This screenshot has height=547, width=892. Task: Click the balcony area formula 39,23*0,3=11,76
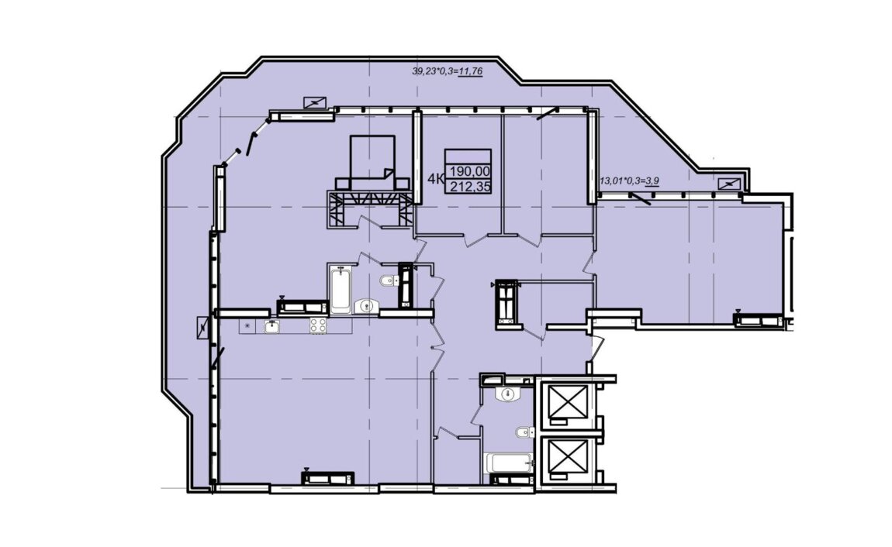click(447, 71)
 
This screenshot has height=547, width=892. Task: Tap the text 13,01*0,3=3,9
click(630, 181)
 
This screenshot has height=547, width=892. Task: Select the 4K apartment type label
click(436, 180)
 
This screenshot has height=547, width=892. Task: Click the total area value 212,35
click(470, 186)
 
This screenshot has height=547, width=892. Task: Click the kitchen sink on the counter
click(272, 326)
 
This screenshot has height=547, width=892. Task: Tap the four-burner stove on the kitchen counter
click(318, 325)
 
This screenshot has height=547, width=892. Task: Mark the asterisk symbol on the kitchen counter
click(247, 326)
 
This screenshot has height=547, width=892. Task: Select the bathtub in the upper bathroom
click(341, 290)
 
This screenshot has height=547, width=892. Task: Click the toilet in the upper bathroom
click(387, 280)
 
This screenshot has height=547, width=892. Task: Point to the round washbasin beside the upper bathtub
click(366, 305)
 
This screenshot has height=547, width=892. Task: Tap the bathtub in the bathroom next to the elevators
click(509, 463)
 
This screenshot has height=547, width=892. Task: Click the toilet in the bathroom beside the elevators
click(526, 432)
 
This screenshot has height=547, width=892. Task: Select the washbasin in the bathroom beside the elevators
click(508, 394)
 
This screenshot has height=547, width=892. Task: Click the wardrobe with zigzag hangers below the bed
click(368, 208)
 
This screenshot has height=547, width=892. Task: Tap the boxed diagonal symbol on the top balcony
click(315, 102)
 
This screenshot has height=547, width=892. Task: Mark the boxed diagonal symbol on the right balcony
click(729, 184)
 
